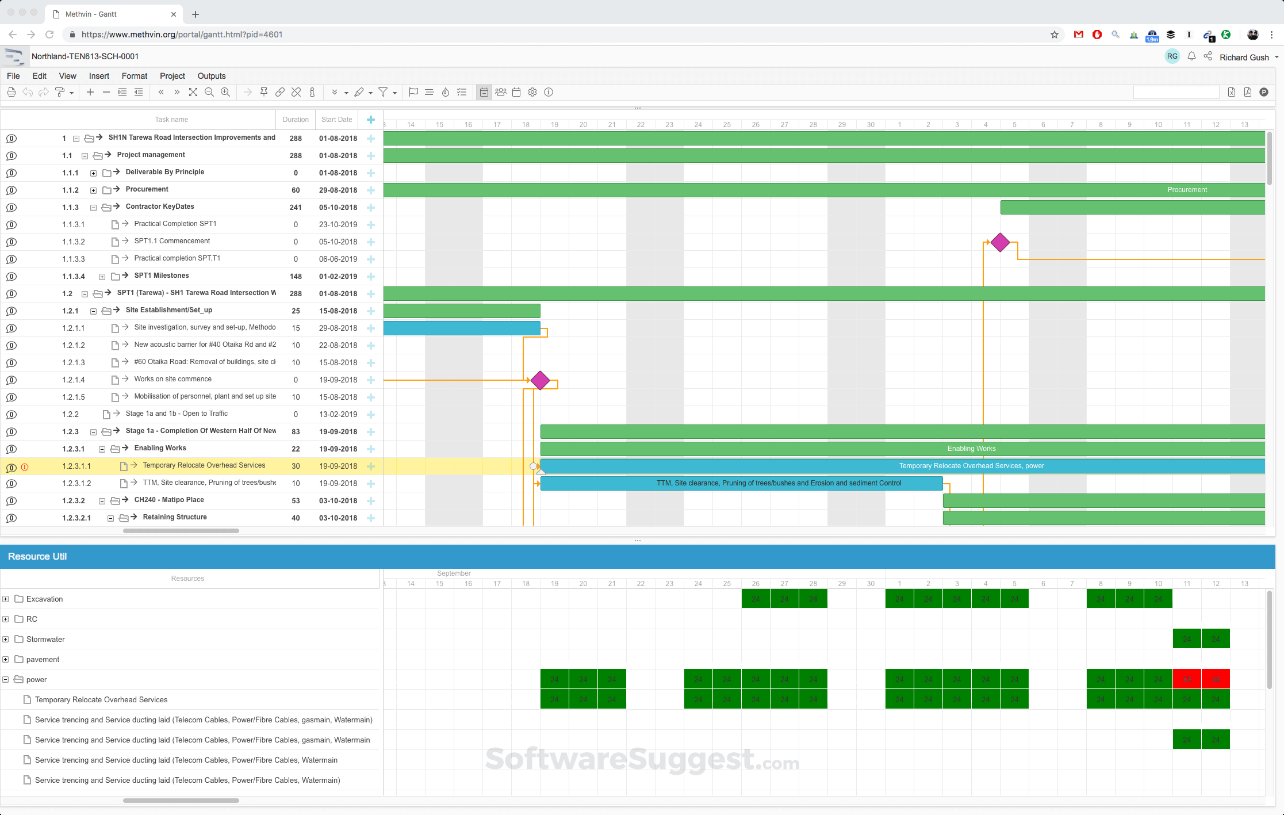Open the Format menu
[134, 76]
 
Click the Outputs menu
[211, 76]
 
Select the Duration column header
[296, 120]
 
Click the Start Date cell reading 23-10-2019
[338, 224]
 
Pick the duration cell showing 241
[296, 207]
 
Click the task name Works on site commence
[173, 379]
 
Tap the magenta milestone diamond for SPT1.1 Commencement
[1000, 243]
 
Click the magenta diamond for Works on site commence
[540, 380]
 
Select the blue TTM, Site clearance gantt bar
[741, 483]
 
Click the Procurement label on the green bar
[1187, 190]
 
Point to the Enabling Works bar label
[971, 449]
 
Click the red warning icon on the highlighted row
[25, 467]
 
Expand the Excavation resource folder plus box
[6, 599]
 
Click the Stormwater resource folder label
[45, 639]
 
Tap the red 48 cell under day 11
[1187, 679]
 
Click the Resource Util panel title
[37, 556]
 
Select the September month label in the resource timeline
[454, 573]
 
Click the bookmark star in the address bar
[1055, 35]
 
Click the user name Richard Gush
[1244, 58]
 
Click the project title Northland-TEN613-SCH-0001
[85, 56]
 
